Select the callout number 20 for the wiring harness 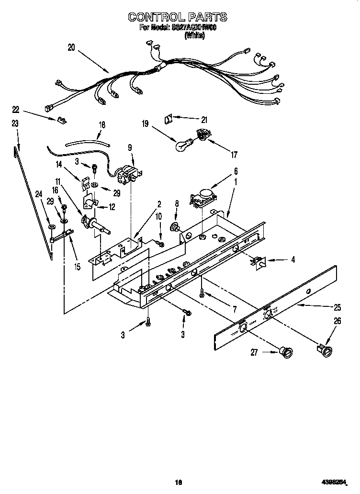pos(71,47)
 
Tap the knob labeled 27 pos(286,353)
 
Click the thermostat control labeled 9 pos(128,174)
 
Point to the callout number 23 pos(15,123)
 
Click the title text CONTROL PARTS pos(177,17)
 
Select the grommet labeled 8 pos(175,227)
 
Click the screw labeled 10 pos(161,244)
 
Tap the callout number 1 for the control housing pos(235,182)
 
